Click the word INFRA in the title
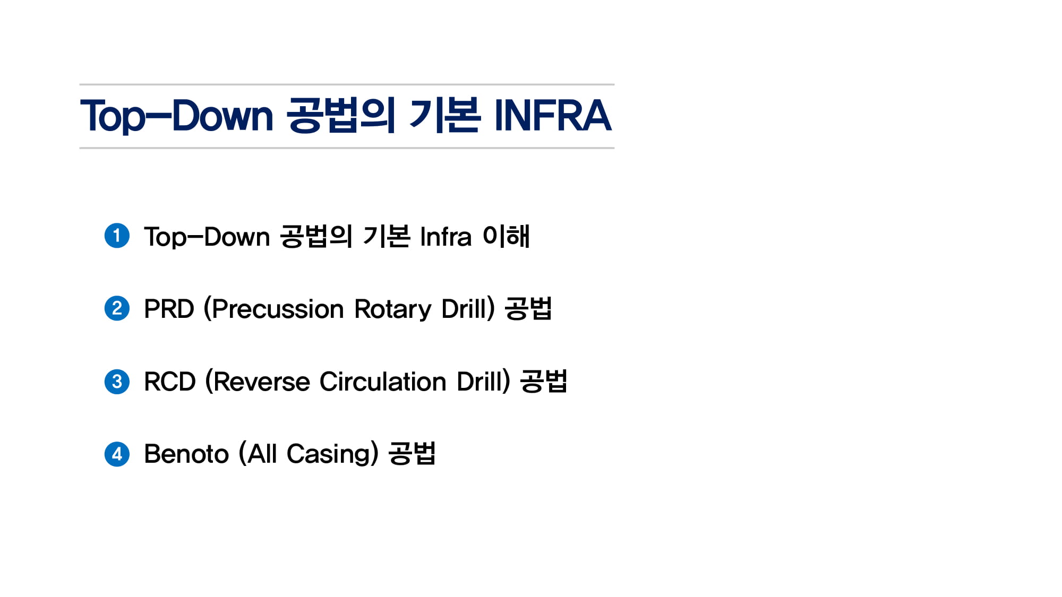pos(553,115)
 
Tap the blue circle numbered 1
pos(117,236)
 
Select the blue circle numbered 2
pos(117,308)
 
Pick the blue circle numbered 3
pos(117,381)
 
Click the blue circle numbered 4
pos(117,454)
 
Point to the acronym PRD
pos(169,309)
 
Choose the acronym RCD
pos(170,382)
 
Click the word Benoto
pos(186,454)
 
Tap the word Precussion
pos(278,309)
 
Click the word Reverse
pos(262,382)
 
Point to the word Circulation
pos(383,382)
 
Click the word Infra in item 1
pos(446,237)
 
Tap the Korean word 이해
pos(506,236)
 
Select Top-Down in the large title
pos(177,116)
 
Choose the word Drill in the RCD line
pos(479,382)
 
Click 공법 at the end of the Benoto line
pos(412,454)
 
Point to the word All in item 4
pos(262,454)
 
